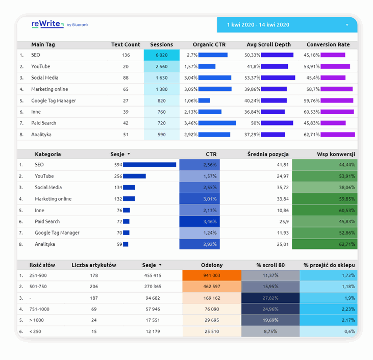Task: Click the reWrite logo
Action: pos(47,23)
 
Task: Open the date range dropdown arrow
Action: pos(347,25)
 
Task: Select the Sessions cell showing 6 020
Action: pos(161,55)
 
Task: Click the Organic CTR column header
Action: pos(209,44)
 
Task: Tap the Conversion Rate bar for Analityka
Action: pos(338,135)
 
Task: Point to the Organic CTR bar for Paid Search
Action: pos(217,123)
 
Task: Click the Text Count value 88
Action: pos(126,78)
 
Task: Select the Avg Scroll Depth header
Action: pos(268,44)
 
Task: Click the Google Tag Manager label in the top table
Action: pos(53,100)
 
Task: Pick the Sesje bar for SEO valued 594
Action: pos(150,165)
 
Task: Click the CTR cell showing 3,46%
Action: pos(200,222)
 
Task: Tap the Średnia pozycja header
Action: pos(268,154)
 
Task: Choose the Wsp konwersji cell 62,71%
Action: pos(325,244)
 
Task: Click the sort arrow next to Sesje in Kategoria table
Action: pos(129,154)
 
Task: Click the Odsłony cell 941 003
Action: pos(211,275)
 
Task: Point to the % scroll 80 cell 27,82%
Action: pos(270,298)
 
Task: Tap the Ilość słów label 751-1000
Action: pos(40,309)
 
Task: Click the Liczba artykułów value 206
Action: pos(93,287)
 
